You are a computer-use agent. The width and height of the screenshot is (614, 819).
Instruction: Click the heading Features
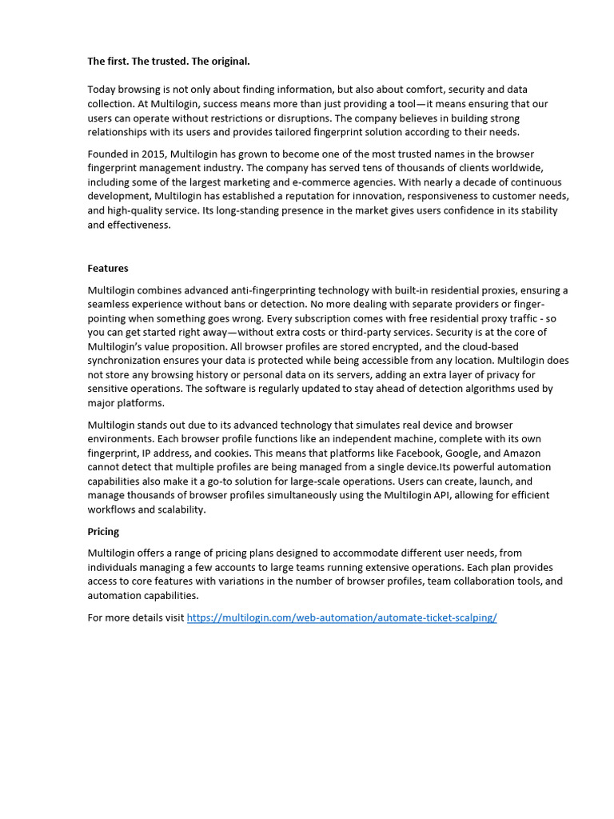pos(108,269)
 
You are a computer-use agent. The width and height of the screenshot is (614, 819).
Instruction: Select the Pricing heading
pos(103,531)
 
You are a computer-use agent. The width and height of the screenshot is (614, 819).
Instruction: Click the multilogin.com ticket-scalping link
pos(341,618)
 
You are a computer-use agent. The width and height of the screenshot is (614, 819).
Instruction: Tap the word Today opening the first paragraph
pos(102,90)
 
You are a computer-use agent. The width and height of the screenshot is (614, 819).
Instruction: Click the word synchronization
pos(128,361)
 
